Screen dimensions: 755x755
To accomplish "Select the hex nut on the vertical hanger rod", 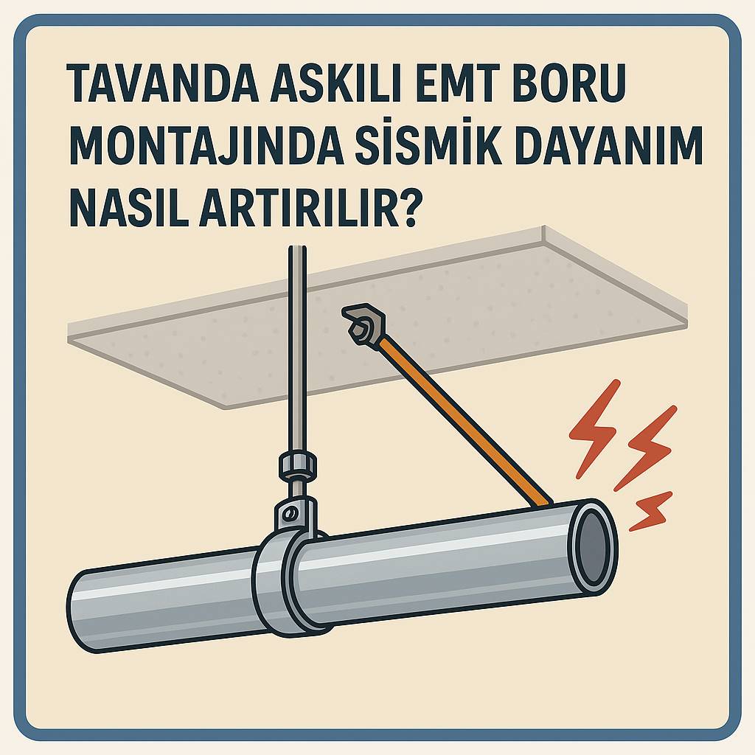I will pyautogui.click(x=298, y=466).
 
